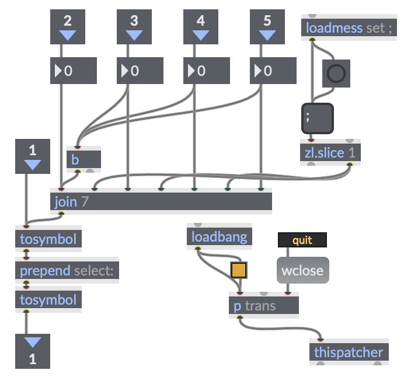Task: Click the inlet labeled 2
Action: coord(68,27)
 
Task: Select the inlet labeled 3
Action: coord(134,27)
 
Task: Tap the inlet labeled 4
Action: coord(201,27)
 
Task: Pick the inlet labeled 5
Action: coord(267,27)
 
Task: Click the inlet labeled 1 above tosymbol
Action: coord(33,156)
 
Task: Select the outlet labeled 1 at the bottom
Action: coord(33,351)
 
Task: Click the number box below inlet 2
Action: coord(74,71)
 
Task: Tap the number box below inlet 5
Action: coord(273,71)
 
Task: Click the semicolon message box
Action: coord(317,119)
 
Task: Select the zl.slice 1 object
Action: coord(330,152)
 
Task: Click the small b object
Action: coord(83,159)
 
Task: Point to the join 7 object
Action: coord(161,202)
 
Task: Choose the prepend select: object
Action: coord(67,271)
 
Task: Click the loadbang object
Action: coord(219,237)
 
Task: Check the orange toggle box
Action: coord(239,270)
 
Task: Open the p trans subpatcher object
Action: coord(263,306)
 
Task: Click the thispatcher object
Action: coord(349,352)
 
